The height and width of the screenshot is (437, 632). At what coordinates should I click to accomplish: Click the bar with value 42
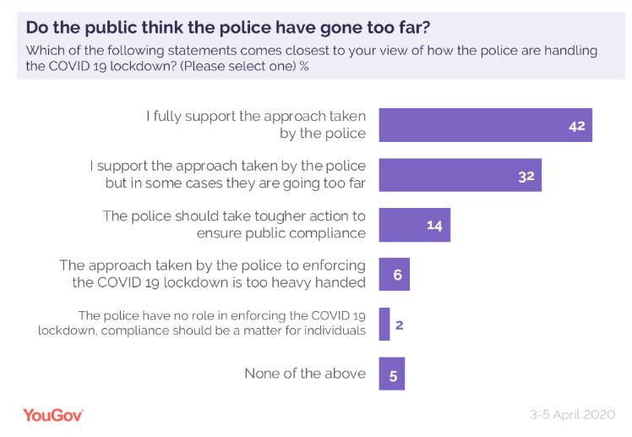pyautogui.click(x=485, y=124)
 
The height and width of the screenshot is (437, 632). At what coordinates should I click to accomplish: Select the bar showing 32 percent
pyautogui.click(x=460, y=175)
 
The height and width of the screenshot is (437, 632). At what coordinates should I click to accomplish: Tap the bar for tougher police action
pyautogui.click(x=414, y=225)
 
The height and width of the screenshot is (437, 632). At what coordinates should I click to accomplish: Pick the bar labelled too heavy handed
pyautogui.click(x=394, y=275)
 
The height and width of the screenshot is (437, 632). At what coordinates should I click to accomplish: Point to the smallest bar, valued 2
pyautogui.click(x=384, y=324)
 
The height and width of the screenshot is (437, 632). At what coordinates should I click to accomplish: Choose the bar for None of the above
pyautogui.click(x=392, y=374)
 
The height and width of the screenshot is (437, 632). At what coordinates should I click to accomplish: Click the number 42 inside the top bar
pyautogui.click(x=577, y=125)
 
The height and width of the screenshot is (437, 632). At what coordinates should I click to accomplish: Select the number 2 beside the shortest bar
pyautogui.click(x=399, y=324)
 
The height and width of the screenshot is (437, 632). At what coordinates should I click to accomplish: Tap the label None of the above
pyautogui.click(x=305, y=374)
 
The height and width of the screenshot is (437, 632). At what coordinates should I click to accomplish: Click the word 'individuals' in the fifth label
pyautogui.click(x=333, y=331)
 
